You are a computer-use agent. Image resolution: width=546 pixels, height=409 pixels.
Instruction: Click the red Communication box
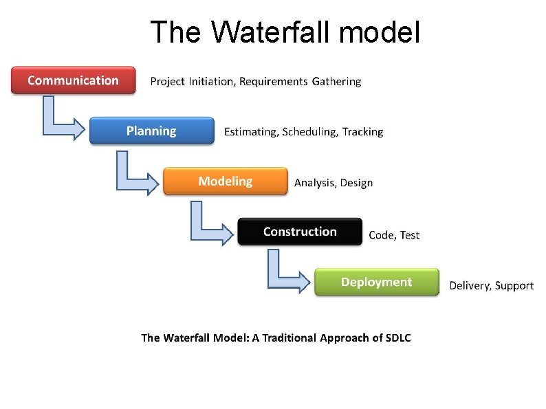74,80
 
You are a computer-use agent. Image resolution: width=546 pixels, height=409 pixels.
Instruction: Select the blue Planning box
151,131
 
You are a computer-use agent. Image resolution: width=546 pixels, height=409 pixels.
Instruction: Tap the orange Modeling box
225,181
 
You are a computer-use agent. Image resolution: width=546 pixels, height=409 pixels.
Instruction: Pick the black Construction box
300,232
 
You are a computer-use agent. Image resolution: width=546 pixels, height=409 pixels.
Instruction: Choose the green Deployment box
376,283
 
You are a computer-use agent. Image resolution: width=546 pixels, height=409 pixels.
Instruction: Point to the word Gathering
336,82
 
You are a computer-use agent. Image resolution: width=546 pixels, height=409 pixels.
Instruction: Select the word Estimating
251,132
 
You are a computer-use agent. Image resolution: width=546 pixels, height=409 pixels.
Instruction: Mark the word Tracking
362,132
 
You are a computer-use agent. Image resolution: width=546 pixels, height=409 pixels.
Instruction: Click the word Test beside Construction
409,235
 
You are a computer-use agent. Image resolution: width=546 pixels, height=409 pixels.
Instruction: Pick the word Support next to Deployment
514,286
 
